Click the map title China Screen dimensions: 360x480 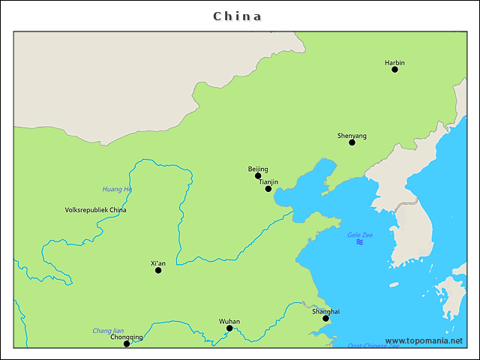[x=238, y=16]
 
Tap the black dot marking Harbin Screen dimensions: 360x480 [x=394, y=69]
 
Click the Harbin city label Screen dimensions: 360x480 [x=394, y=62]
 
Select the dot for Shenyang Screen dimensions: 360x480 [x=352, y=142]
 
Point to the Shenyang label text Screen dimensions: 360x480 [x=352, y=136]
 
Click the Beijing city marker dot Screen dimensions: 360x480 [x=258, y=175]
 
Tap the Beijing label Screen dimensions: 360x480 [x=258, y=169]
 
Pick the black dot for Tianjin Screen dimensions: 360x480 [x=268, y=188]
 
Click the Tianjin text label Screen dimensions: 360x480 [x=268, y=181]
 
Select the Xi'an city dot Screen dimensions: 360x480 [x=158, y=270]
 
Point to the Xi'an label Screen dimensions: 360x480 [x=158, y=263]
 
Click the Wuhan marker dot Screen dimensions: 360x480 [x=229, y=328]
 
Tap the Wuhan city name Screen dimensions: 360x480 [x=229, y=321]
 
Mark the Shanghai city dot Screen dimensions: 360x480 [x=325, y=318]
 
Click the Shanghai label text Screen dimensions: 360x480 [x=325, y=311]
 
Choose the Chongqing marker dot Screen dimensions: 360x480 [x=127, y=343]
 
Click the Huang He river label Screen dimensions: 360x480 [x=117, y=189]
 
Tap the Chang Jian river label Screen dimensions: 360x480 [x=108, y=330]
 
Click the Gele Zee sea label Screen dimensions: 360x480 [x=360, y=235]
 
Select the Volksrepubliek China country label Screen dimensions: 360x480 [x=96, y=210]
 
